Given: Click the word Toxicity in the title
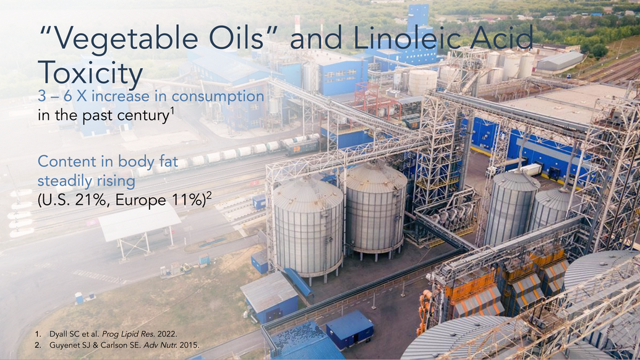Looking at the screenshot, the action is (x=90, y=74).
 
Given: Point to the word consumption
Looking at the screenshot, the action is (x=218, y=96).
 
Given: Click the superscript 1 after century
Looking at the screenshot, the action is (x=173, y=111).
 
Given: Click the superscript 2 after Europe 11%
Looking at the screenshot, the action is (x=209, y=195).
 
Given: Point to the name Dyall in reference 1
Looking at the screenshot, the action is (x=58, y=334).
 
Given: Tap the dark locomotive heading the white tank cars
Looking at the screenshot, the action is (x=302, y=146).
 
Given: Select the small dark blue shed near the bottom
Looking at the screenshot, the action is (x=349, y=327).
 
